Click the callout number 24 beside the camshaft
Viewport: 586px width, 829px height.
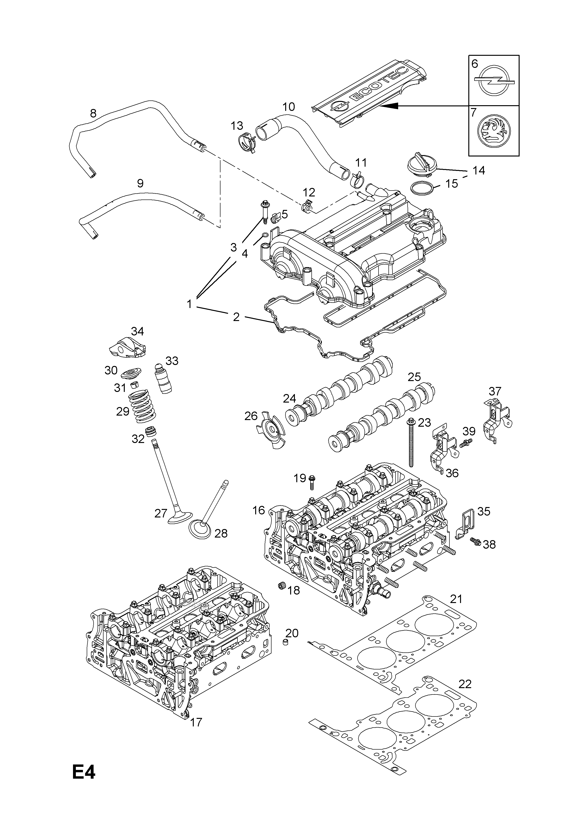pos(289,399)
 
